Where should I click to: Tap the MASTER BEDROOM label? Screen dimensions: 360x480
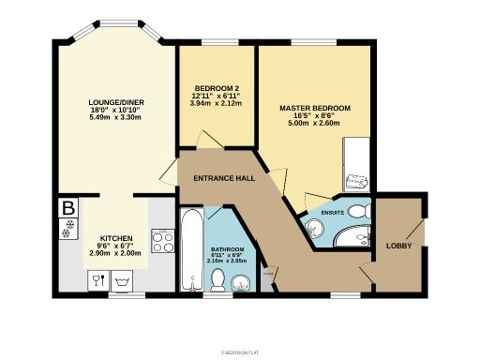(315, 109)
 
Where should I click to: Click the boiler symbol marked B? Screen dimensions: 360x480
(67, 208)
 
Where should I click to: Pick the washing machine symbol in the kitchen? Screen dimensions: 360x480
(120, 280)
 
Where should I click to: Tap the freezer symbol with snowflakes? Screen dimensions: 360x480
(67, 228)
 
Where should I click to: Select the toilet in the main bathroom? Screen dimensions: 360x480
(217, 278)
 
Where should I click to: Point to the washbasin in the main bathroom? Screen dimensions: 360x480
(240, 280)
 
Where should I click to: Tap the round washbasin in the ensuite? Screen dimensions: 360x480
(313, 226)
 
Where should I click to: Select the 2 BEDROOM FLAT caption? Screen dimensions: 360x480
(239, 352)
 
